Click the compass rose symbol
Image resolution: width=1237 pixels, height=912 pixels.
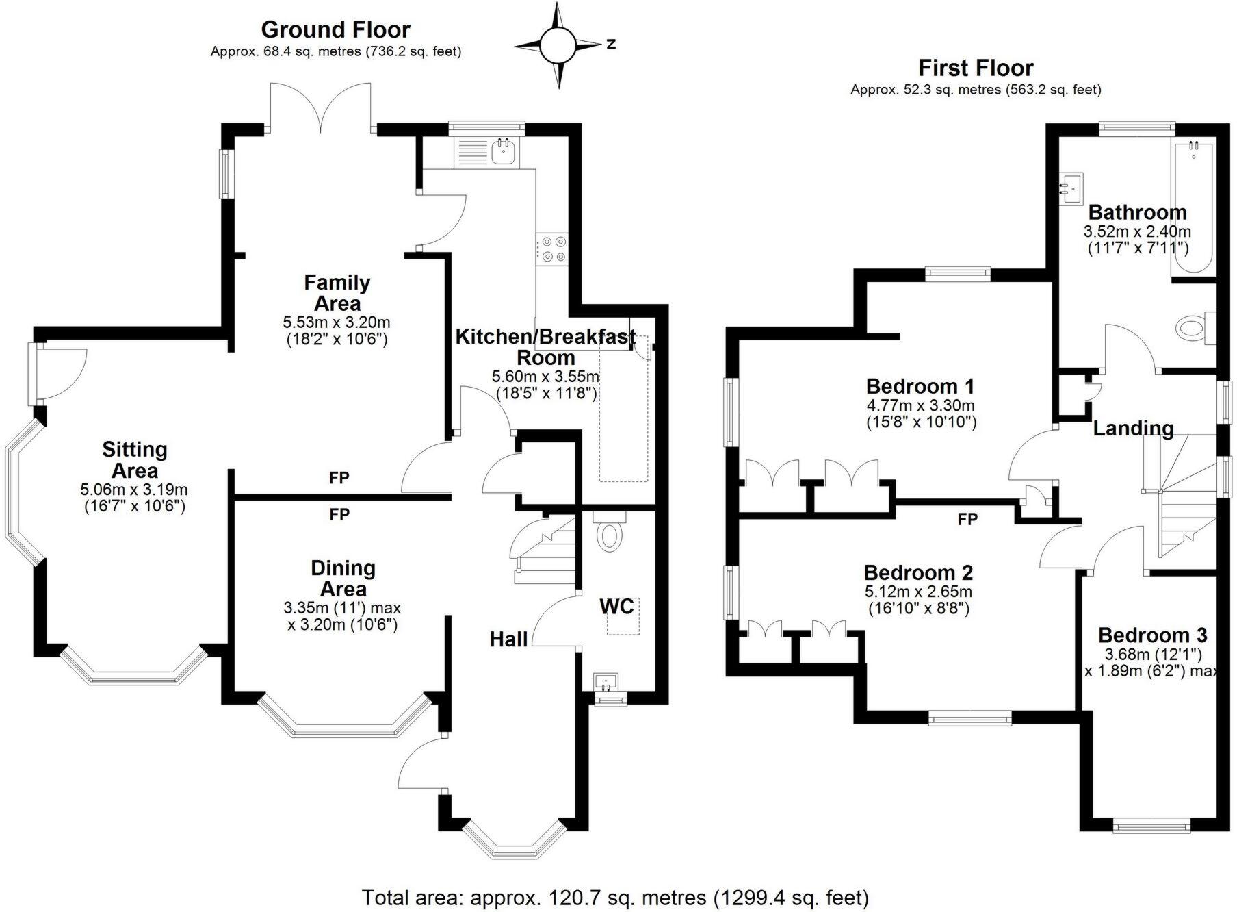coord(560,45)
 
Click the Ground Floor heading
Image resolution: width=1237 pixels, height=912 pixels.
coord(335,30)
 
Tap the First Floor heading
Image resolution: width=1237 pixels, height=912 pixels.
coord(975,68)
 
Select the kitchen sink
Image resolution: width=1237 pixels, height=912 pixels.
coord(505,152)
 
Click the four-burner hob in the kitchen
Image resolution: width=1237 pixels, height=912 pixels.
coord(552,249)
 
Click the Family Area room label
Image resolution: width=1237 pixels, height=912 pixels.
coord(337,292)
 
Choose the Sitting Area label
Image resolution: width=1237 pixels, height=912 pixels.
coord(135,460)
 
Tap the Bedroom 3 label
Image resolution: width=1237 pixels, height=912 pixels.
coord(1153,635)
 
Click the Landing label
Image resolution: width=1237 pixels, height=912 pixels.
coord(1133,429)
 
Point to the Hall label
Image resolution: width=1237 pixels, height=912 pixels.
coord(508,639)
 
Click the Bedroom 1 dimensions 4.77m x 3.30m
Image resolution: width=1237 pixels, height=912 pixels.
coord(920,405)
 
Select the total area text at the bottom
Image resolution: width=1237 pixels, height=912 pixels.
coord(615,897)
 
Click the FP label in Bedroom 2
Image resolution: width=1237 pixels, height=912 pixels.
coord(967,519)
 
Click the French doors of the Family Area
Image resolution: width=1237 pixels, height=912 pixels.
coord(321,107)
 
